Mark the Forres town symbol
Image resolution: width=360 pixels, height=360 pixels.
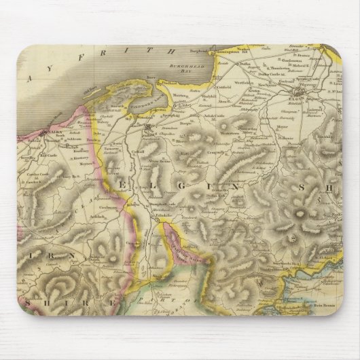pos(149,126)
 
